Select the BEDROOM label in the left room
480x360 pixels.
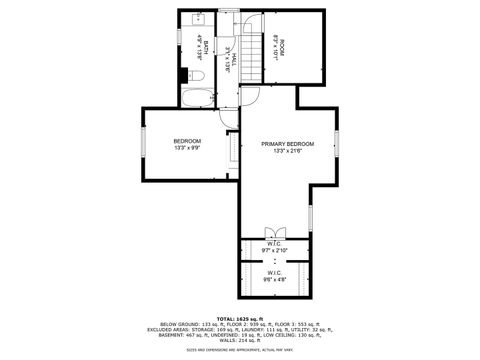(x=187, y=141)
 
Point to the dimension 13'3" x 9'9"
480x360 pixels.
(x=187, y=148)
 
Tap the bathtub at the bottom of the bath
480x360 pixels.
(x=196, y=97)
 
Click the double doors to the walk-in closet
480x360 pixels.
(x=274, y=227)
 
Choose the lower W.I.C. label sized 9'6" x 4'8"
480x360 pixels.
(x=274, y=275)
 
